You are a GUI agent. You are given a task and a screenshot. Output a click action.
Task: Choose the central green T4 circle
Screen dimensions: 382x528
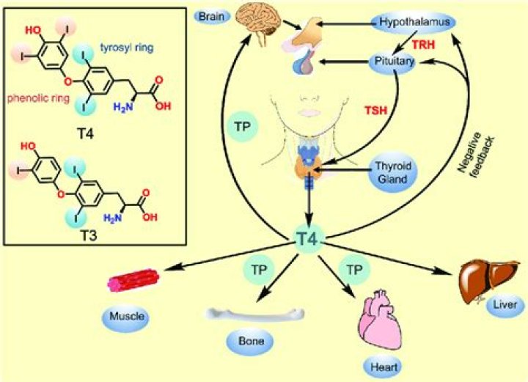click(x=311, y=239)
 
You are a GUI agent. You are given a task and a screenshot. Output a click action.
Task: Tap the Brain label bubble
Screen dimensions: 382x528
click(x=208, y=15)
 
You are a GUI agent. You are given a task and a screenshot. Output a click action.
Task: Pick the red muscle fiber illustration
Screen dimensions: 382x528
click(x=133, y=284)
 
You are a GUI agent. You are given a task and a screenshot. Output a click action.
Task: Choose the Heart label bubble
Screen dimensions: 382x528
click(x=380, y=364)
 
